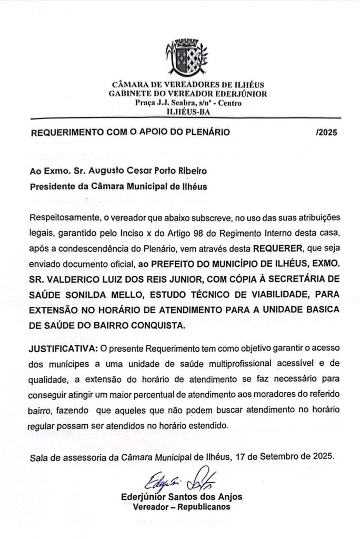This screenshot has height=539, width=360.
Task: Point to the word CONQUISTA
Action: pos(157,325)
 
